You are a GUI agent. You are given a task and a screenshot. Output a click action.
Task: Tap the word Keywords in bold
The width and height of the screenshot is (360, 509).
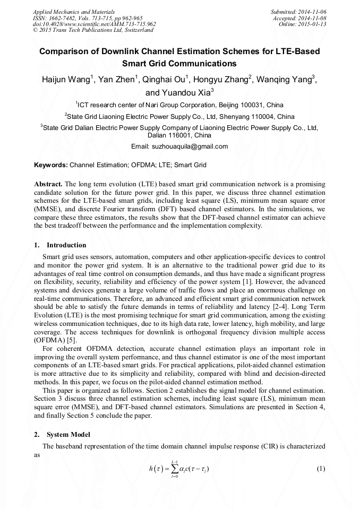coord(51,166)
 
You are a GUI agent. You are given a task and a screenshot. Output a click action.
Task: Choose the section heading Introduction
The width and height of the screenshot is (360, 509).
coord(66,245)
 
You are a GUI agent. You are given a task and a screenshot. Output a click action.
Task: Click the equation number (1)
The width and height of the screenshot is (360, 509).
coord(320,469)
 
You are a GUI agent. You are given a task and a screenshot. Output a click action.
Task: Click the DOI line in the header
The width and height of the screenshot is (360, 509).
coord(95,24)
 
